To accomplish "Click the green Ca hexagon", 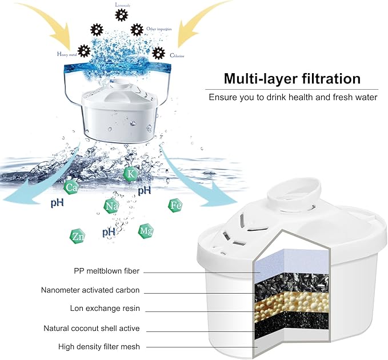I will (x=71, y=187).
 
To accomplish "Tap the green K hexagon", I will (x=131, y=173).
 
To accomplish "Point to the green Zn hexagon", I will (x=77, y=235).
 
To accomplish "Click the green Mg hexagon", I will (x=145, y=231).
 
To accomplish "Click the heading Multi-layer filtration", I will (x=292, y=78).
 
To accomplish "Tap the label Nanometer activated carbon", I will (x=90, y=290).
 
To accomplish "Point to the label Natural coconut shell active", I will (x=91, y=329).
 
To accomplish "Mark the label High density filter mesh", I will (x=99, y=347).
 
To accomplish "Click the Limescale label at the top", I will (x=121, y=4).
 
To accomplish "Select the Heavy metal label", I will (x=66, y=54).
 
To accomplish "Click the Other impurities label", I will (x=159, y=29).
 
